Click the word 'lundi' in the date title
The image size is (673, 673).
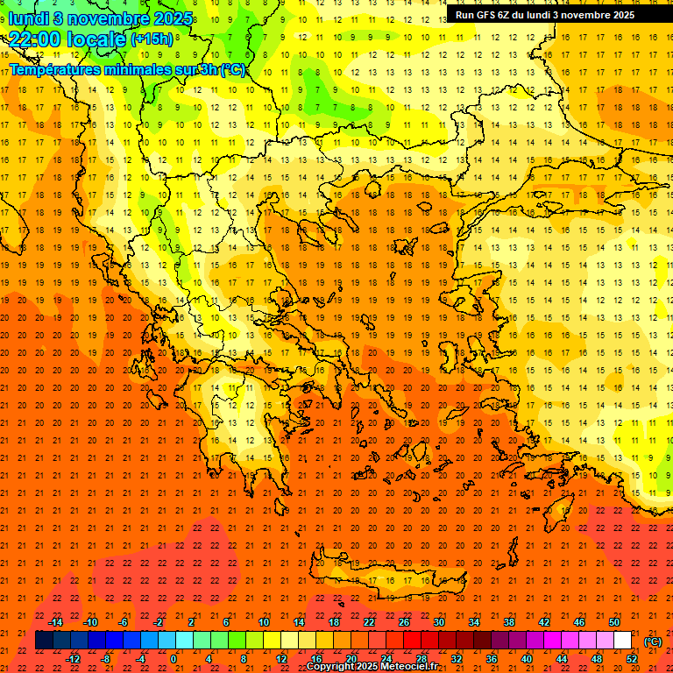point(28,18)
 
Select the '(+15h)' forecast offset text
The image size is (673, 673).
point(151,39)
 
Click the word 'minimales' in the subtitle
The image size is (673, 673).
point(138,69)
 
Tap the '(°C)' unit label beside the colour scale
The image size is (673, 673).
point(652,641)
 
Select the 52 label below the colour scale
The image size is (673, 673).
point(632,659)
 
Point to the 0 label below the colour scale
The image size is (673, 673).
point(174,659)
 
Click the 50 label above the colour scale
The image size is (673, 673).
point(614,622)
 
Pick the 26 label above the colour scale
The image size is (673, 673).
point(404,622)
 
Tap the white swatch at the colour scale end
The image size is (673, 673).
point(623,641)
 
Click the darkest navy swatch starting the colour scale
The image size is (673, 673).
point(44,641)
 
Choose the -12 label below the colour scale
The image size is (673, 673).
point(73,659)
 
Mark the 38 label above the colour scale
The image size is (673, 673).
point(509,622)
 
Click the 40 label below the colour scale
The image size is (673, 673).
point(527,659)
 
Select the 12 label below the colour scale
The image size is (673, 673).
point(281,659)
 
